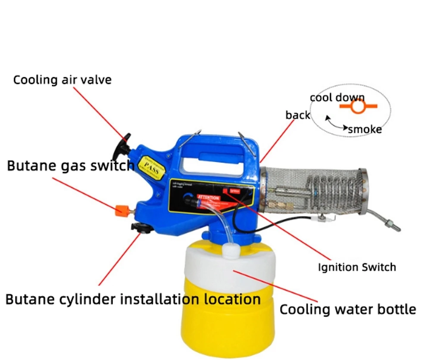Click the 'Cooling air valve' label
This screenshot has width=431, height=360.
[62, 80]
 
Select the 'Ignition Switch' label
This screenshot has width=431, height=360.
[357, 267]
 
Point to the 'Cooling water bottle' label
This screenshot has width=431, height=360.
[348, 309]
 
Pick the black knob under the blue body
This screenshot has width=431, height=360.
[141, 227]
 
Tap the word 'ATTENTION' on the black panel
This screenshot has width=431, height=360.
[208, 197]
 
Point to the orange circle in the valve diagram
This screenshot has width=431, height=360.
[357, 106]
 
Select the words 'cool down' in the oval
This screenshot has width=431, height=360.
[337, 97]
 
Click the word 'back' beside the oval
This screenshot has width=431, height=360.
[298, 115]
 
